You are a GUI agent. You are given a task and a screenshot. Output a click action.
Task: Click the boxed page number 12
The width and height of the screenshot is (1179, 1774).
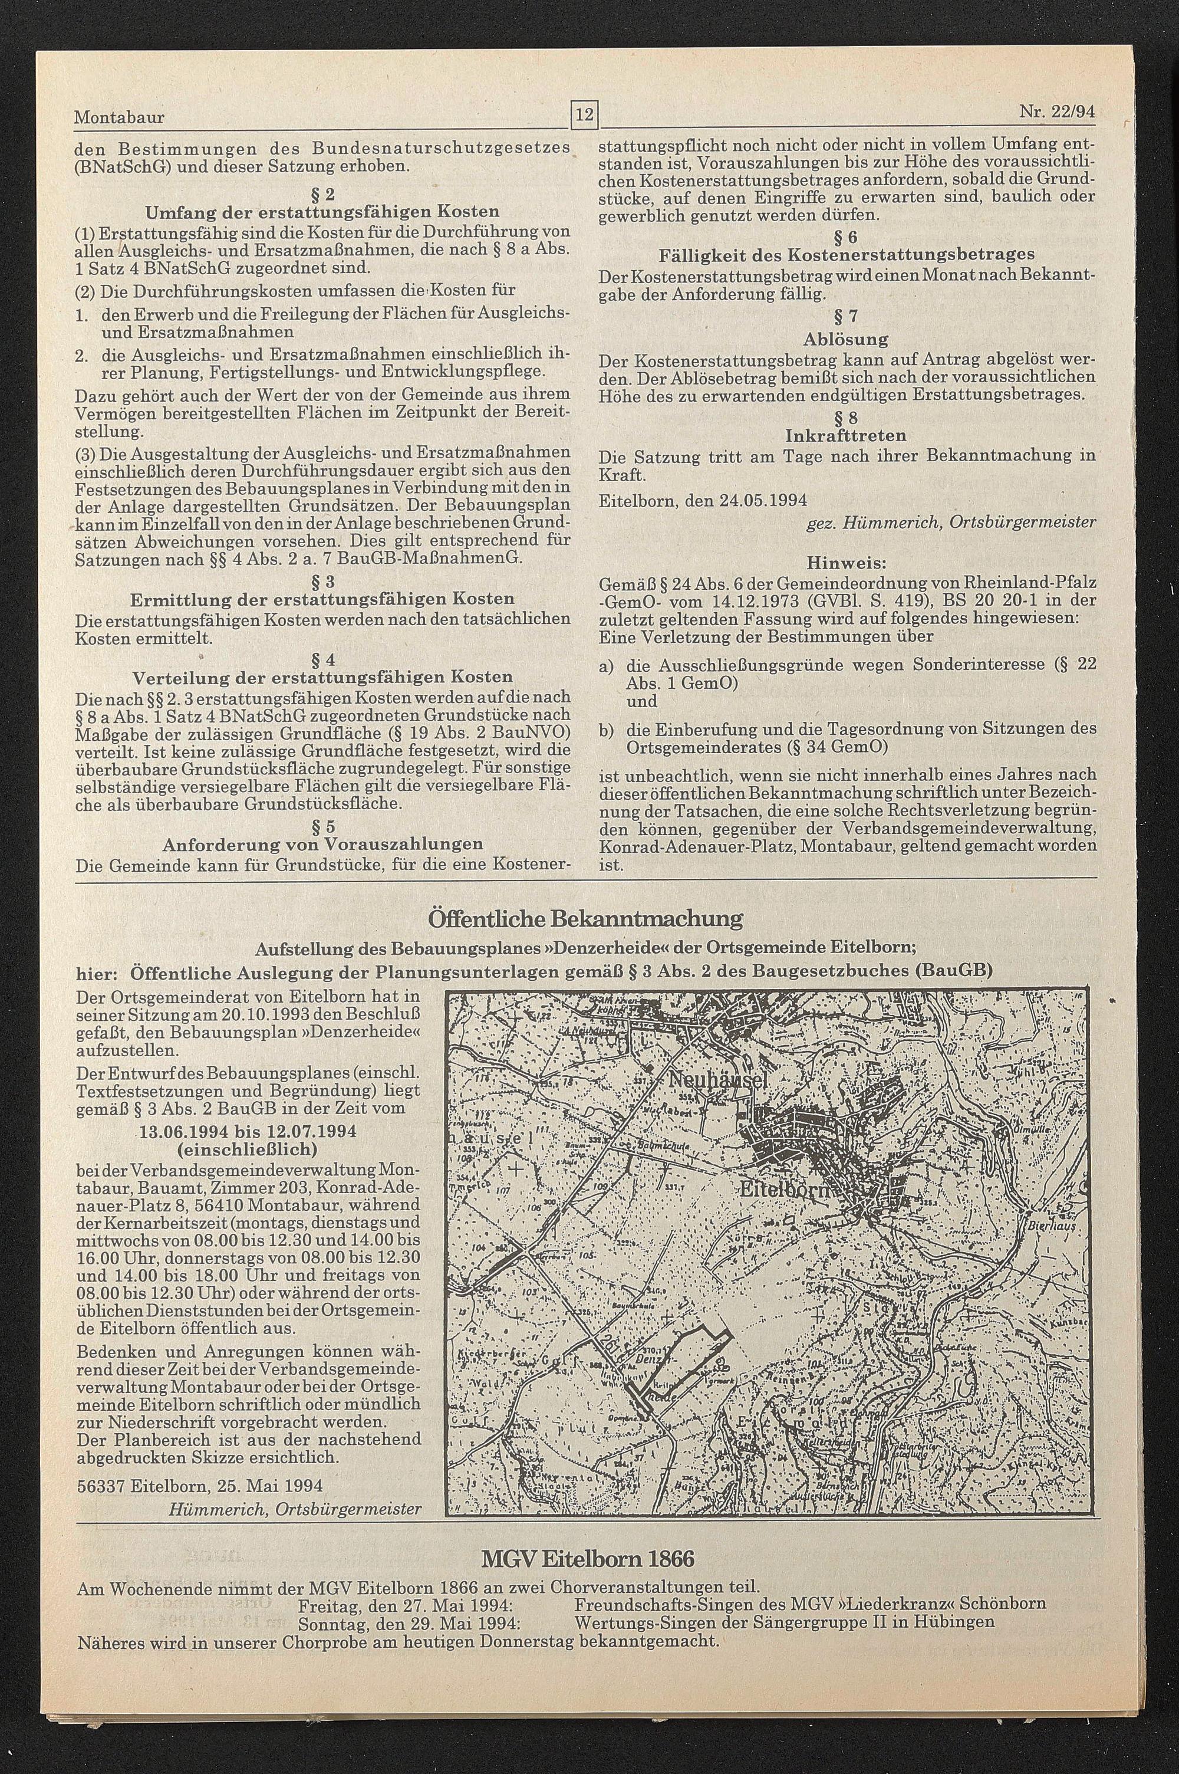coord(584,115)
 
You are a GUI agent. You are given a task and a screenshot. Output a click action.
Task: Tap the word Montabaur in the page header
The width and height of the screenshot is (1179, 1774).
coord(119,117)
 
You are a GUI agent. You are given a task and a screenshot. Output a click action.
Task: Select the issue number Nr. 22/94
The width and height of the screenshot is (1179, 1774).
coord(1056,113)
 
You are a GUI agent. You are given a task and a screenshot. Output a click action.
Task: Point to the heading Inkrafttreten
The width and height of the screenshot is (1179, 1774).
coord(846,435)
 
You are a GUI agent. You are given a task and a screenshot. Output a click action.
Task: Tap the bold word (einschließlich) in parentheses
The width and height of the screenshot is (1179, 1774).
coord(246,1150)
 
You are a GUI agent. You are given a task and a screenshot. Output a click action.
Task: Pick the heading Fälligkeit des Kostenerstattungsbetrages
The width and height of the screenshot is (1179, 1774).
coord(847,254)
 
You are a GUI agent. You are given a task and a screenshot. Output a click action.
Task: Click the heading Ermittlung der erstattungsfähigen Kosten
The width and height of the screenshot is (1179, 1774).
coord(322,599)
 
